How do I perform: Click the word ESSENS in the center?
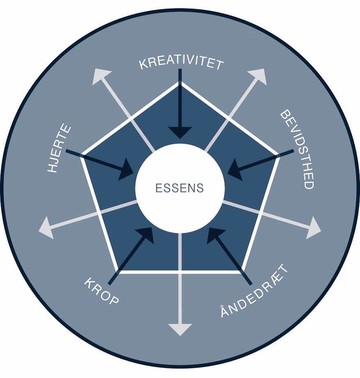coord(180,188)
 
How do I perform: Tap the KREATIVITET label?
coord(181,63)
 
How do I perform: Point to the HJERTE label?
coord(59,148)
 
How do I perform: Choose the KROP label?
coord(101,291)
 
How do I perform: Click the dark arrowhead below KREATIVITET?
coord(180,133)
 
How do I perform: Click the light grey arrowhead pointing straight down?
coord(180,330)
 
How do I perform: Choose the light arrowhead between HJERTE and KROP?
coord(46,228)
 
